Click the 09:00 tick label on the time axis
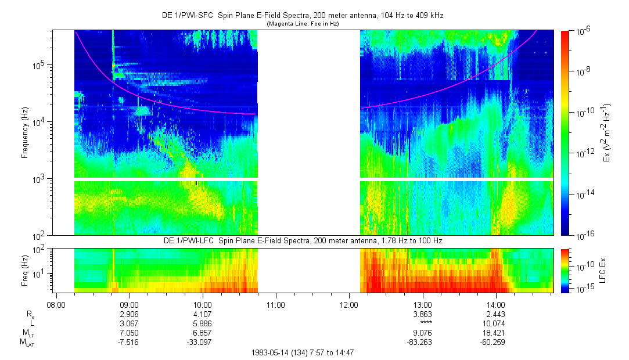128,303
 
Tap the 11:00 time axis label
275,303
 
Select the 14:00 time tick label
495,303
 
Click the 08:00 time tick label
55,303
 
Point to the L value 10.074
495,323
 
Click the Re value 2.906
128,313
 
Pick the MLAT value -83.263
422,343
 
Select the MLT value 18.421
495,333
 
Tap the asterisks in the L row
422,323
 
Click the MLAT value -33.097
202,343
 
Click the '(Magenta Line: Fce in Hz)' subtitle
302,24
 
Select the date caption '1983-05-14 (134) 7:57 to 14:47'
302,352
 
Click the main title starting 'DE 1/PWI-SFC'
302,16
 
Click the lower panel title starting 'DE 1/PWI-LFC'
302,240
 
